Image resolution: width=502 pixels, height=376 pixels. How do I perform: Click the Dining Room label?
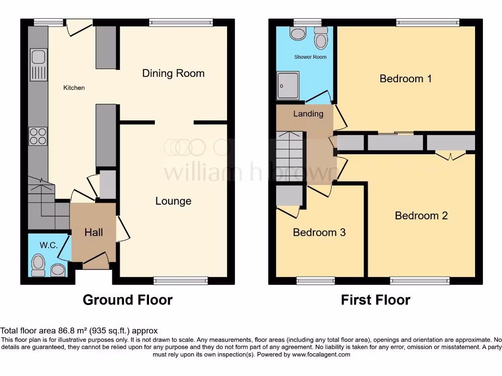pyautogui.click(x=173, y=73)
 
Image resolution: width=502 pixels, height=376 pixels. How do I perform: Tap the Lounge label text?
pyautogui.click(x=173, y=201)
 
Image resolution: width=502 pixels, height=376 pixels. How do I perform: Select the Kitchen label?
pyautogui.click(x=74, y=88)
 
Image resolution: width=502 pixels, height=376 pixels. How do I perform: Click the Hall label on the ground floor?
pyautogui.click(x=94, y=232)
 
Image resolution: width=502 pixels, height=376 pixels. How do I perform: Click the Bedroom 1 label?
pyautogui.click(x=405, y=78)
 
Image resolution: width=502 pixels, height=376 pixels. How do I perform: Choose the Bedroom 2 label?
pyautogui.click(x=421, y=215)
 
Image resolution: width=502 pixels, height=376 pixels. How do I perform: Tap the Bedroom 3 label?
pyautogui.click(x=319, y=232)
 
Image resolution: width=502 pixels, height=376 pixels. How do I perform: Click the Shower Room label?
pyautogui.click(x=310, y=57)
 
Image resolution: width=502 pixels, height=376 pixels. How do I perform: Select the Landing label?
pyautogui.click(x=308, y=114)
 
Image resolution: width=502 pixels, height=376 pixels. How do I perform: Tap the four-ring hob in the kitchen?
pyautogui.click(x=38, y=136)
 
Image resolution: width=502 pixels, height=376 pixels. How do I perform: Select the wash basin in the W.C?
pyautogui.click(x=57, y=270)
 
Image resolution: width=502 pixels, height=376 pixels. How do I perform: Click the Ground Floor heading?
pyautogui.click(x=127, y=300)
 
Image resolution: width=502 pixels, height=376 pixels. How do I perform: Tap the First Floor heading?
pyautogui.click(x=376, y=300)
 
